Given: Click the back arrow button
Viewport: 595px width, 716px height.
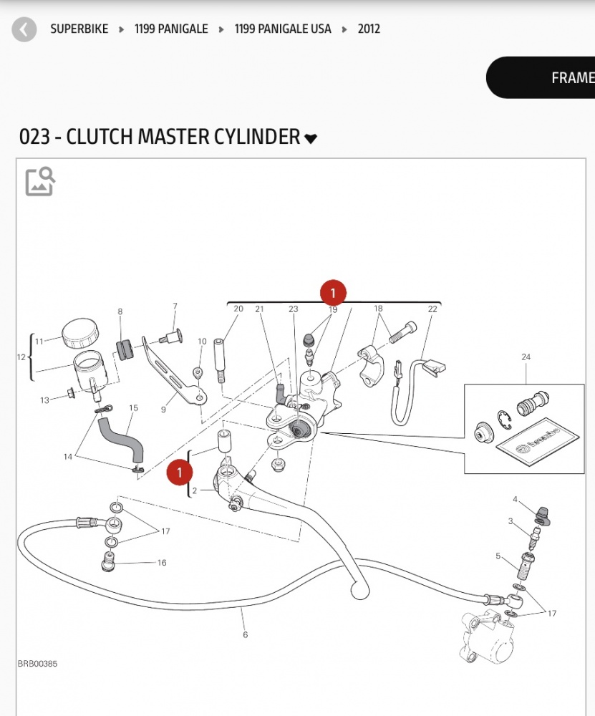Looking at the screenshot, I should tap(24, 29).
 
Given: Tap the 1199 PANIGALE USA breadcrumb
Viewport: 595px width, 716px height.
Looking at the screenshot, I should tap(283, 29).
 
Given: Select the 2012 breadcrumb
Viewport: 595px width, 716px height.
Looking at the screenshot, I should tap(369, 29).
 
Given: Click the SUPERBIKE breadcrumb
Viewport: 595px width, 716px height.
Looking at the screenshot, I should tap(79, 29).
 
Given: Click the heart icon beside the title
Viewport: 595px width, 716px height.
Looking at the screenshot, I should tap(311, 138).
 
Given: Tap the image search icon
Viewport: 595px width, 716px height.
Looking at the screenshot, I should tap(40, 181).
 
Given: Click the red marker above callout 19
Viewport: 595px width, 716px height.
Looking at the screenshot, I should tap(333, 292).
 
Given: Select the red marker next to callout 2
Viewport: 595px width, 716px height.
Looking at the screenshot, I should tap(180, 473).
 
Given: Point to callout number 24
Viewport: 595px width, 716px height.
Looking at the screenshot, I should tap(526, 357).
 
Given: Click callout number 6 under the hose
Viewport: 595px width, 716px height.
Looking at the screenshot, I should tap(245, 634).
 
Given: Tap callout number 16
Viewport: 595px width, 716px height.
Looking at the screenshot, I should tap(162, 563).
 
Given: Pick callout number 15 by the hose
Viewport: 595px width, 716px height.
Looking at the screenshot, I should tap(133, 408).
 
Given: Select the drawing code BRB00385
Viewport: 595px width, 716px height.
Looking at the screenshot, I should tap(37, 664).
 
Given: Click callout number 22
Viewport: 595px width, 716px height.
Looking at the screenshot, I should tap(432, 309).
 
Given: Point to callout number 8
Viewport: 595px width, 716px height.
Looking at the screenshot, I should tap(120, 311).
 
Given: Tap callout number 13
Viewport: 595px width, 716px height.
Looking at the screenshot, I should tap(45, 400).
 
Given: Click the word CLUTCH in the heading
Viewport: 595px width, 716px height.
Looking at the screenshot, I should tap(98, 137).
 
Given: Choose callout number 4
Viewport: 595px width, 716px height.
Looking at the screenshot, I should tap(515, 499).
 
